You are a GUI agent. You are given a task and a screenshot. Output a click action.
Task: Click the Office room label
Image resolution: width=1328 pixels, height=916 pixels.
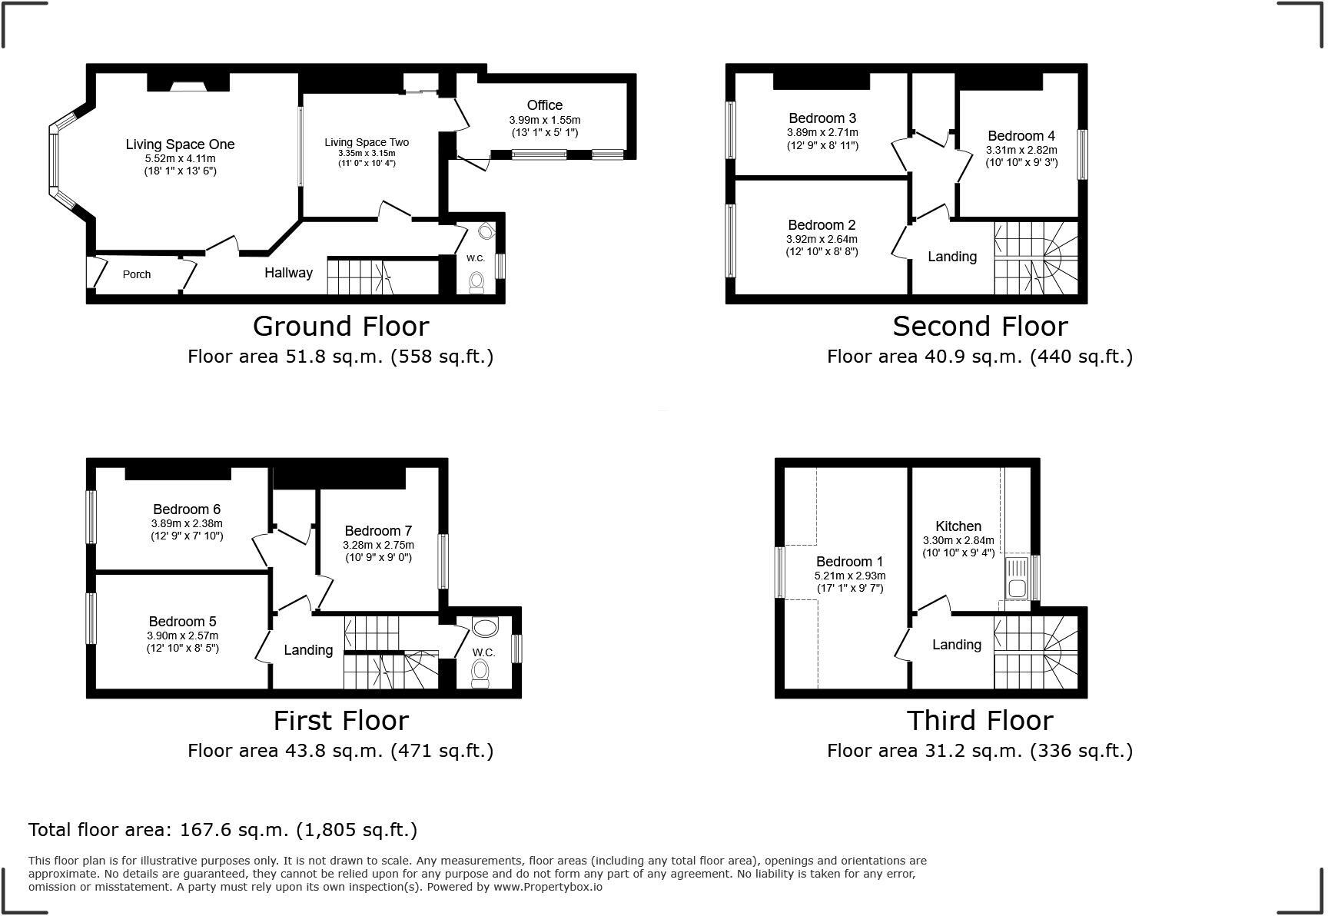[544, 105]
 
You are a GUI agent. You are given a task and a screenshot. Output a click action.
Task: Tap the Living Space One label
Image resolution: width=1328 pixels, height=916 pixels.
[180, 144]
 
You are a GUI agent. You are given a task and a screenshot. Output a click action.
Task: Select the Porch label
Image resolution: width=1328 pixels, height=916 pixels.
[137, 274]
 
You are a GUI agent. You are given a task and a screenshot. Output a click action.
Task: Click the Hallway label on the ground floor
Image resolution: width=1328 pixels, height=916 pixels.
[288, 273]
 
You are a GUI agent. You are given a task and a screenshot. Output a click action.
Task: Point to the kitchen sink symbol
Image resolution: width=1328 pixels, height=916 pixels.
[1016, 578]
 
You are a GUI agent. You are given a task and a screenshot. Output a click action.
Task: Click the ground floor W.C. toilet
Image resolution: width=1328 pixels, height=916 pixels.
[476, 283]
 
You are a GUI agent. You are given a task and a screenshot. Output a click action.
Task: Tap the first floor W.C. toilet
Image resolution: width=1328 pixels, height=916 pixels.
[480, 673]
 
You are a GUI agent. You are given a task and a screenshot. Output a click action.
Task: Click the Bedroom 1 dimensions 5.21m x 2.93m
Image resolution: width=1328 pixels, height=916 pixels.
[850, 576]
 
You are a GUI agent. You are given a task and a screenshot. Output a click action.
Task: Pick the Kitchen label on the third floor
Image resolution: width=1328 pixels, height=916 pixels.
[958, 526]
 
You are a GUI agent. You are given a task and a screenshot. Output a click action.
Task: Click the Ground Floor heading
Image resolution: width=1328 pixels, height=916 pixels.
[340, 326]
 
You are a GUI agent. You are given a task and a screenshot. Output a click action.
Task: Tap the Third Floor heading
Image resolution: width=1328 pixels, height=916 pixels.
[980, 720]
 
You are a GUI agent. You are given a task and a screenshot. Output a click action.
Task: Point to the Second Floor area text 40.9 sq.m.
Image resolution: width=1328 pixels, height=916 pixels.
[980, 357]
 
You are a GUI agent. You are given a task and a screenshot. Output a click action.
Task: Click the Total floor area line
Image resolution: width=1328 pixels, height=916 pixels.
[223, 830]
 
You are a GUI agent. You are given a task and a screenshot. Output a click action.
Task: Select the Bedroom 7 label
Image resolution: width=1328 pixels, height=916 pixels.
[378, 531]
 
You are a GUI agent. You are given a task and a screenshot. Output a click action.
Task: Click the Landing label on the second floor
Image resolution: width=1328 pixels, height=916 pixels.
[952, 257]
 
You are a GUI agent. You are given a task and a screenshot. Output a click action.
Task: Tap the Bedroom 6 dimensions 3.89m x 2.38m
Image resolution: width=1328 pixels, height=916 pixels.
[187, 523]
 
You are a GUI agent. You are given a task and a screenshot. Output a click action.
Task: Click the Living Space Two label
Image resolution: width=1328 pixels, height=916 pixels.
[367, 142]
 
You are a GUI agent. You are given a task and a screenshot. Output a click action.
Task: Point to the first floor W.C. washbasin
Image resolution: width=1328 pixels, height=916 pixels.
[485, 627]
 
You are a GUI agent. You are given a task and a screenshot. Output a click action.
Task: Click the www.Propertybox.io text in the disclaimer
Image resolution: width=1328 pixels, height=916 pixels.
[548, 887]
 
